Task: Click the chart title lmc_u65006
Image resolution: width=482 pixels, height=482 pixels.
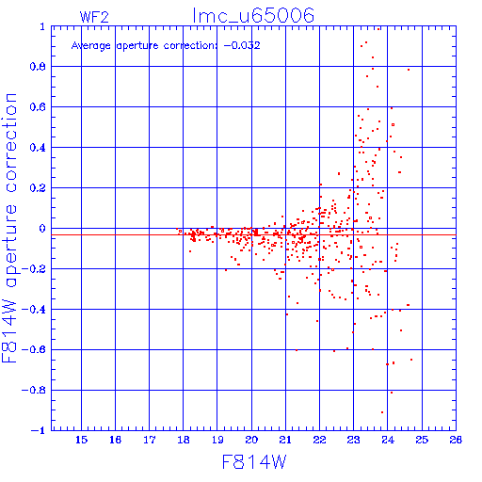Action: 253,16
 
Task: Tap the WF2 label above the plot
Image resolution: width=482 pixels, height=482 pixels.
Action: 94,17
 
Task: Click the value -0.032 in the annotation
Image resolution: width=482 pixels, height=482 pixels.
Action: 242,45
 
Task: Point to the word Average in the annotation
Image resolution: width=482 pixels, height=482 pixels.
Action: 91,46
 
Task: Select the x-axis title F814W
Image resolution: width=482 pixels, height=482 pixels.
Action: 254,462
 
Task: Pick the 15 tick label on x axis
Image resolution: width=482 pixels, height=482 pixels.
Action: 81,440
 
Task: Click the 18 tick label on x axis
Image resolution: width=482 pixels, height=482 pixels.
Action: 184,440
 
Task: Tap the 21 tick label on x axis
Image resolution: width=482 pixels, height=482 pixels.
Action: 285,440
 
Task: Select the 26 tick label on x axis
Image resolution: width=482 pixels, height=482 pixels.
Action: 456,440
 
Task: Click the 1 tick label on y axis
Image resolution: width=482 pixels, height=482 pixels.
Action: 42,26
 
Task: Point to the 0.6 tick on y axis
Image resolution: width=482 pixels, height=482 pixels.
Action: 38,107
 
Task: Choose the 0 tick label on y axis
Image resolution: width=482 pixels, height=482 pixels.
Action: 42,229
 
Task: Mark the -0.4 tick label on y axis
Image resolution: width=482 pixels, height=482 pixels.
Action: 34,310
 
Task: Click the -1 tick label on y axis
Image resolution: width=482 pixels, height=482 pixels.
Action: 39,430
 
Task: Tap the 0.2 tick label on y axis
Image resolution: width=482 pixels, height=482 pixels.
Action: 38,188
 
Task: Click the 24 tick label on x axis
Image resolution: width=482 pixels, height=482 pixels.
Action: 388,440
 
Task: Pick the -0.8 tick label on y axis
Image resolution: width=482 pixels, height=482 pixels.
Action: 34,390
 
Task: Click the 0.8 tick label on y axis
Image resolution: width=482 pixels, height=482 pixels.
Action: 38,67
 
